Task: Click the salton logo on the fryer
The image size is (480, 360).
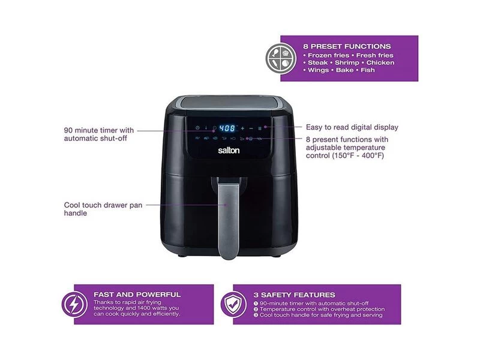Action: pyautogui.click(x=229, y=151)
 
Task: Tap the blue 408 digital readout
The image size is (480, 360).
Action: pyautogui.click(x=228, y=128)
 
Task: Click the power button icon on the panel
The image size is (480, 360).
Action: pyautogui.click(x=197, y=128)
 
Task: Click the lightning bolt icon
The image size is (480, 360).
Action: pyautogui.click(x=74, y=304)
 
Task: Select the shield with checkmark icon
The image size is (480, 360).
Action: pyautogui.click(x=233, y=304)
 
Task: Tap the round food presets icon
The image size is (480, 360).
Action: pyautogui.click(x=281, y=58)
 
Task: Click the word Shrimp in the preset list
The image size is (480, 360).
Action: pyautogui.click(x=347, y=63)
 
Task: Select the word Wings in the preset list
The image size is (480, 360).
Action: pyautogui.click(x=319, y=70)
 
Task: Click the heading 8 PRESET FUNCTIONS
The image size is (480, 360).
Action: pyautogui.click(x=347, y=47)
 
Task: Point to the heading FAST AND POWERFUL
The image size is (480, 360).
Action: pyautogui.click(x=137, y=295)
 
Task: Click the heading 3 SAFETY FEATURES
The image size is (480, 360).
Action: pyautogui.click(x=294, y=295)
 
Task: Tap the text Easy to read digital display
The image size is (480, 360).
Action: pyautogui.click(x=352, y=127)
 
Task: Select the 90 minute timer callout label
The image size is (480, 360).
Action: pyautogui.click(x=99, y=134)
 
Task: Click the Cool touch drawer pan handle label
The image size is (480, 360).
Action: pyautogui.click(x=103, y=209)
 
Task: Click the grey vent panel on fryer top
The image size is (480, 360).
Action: pyautogui.click(x=230, y=102)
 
